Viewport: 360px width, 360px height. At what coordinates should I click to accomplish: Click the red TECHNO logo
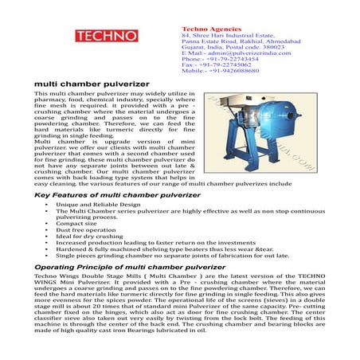pos(112,36)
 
